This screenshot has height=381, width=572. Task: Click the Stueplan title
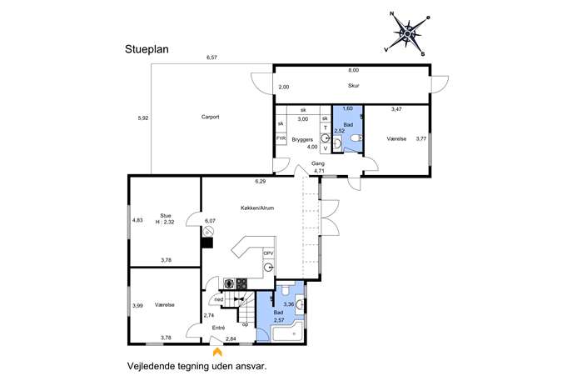(147, 49)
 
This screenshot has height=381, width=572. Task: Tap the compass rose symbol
(407, 34)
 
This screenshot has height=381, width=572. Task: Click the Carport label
(210, 117)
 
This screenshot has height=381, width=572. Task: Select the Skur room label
(354, 86)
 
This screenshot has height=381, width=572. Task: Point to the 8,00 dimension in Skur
(354, 70)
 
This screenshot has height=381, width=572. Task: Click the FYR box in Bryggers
(281, 138)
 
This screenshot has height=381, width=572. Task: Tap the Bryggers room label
(302, 139)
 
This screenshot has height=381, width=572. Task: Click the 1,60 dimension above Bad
(348, 108)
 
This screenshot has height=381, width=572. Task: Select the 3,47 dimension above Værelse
(396, 109)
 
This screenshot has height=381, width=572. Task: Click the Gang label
(318, 163)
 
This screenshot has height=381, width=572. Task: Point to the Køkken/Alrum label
(257, 208)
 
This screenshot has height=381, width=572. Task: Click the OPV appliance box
(268, 253)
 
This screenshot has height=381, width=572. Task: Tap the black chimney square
(207, 243)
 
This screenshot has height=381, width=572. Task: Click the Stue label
(165, 216)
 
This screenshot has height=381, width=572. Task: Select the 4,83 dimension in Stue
(137, 220)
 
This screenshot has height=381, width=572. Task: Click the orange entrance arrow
(217, 352)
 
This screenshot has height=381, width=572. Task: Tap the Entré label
(218, 328)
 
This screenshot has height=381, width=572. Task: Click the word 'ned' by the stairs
(218, 299)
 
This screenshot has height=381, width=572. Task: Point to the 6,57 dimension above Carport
(211, 58)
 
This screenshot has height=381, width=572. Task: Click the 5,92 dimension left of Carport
(143, 118)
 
